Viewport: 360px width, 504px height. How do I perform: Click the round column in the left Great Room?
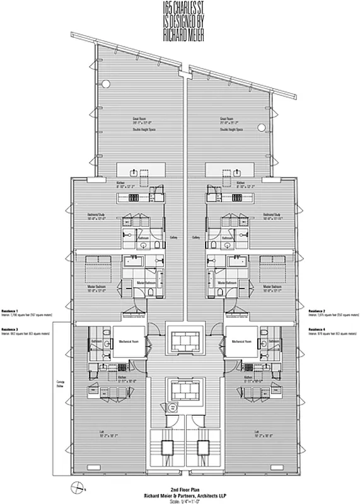tap(107, 84)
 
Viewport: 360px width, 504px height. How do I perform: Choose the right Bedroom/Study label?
tap(274, 216)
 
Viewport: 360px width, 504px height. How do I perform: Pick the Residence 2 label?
tap(317, 311)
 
